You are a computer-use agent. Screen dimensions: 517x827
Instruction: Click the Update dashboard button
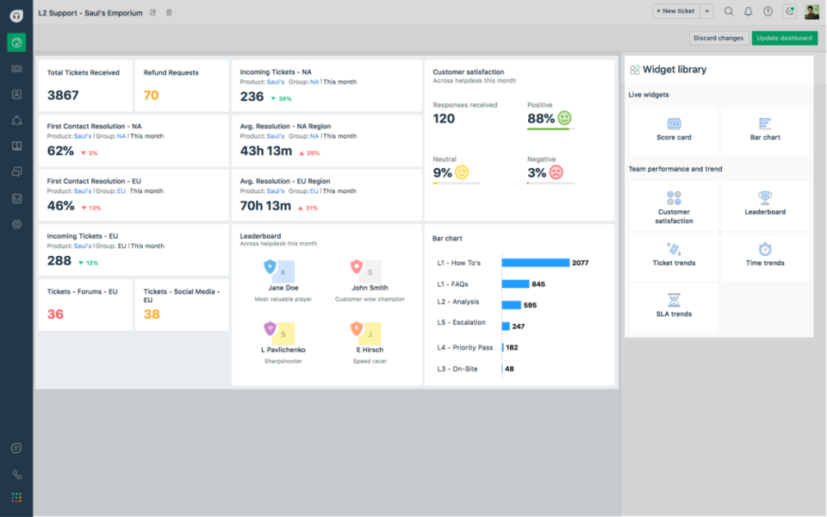[x=784, y=38]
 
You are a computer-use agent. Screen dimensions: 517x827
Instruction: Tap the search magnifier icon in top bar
[x=729, y=11]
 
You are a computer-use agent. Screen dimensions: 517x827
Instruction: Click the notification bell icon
[x=748, y=11]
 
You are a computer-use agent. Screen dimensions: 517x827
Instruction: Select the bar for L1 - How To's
[x=535, y=263]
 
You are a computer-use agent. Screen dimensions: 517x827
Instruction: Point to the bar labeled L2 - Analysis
[x=511, y=304]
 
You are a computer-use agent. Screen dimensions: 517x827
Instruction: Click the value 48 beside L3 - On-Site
[x=509, y=369]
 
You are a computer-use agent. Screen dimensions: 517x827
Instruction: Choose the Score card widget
[x=674, y=129]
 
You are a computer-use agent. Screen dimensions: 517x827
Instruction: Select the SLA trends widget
[x=674, y=306]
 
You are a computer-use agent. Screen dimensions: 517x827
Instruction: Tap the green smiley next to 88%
[x=564, y=118]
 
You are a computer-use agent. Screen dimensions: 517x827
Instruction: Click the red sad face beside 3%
[x=557, y=172]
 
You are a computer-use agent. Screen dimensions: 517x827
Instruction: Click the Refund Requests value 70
[x=151, y=96]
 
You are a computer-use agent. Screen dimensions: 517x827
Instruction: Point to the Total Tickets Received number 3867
[x=63, y=96]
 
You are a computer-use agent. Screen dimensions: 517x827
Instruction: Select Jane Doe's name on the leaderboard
[x=283, y=288]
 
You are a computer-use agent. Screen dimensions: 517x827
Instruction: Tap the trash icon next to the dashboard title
[x=169, y=12]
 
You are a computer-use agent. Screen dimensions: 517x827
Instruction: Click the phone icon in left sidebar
[x=16, y=474]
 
